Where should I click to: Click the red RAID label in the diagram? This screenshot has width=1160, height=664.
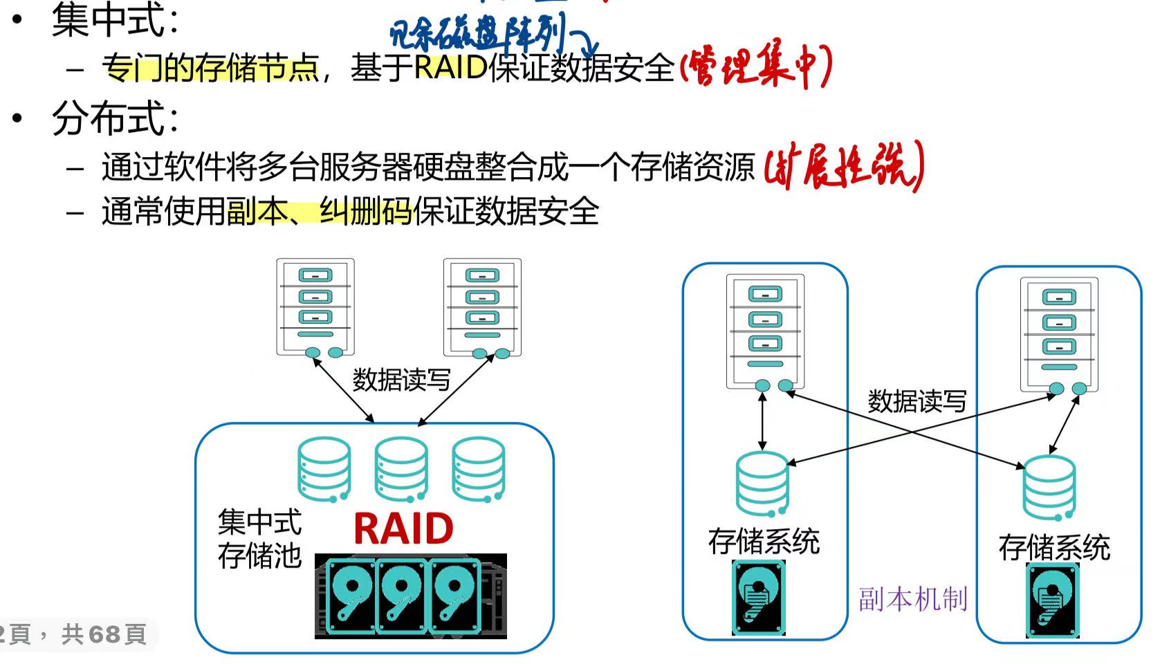tap(403, 529)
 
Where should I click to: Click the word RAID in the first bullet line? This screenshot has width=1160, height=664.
tap(451, 67)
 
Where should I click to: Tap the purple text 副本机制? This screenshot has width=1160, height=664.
tap(913, 598)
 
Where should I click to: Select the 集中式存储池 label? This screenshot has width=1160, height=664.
tap(259, 538)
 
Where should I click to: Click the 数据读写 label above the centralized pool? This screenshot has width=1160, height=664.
tap(401, 380)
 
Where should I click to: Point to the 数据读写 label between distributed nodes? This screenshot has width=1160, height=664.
tap(917, 401)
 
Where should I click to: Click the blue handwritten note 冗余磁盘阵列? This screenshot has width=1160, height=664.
tap(477, 33)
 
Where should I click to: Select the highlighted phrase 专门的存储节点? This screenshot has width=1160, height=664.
tap(210, 68)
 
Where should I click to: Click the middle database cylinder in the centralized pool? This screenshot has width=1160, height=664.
tap(401, 470)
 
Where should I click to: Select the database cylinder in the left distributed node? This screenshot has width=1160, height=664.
tap(762, 484)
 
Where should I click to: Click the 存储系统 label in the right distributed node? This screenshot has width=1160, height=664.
tap(1054, 548)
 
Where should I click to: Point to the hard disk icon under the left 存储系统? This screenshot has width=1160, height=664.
tap(759, 598)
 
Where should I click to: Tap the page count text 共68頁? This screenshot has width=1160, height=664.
tap(104, 634)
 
